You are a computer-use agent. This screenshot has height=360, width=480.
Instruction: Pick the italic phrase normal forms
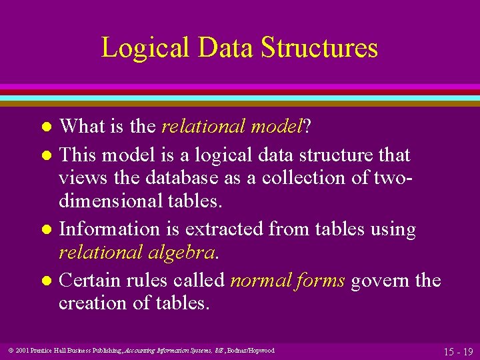click(287, 280)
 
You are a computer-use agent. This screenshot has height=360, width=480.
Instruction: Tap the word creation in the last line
click(93, 303)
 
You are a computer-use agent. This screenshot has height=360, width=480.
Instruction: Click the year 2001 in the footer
click(23, 351)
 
